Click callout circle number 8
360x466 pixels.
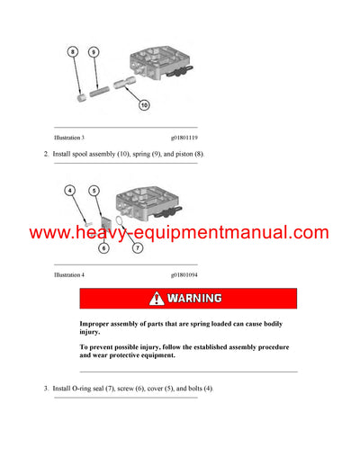[74, 53]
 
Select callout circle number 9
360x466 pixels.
[94, 53]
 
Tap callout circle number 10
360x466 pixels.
[143, 106]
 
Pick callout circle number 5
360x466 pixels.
[93, 190]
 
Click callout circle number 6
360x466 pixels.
[103, 247]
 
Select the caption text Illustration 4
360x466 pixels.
[69, 273]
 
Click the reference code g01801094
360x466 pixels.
[186, 273]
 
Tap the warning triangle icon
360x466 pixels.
[157, 299]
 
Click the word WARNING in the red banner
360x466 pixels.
[194, 299]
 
